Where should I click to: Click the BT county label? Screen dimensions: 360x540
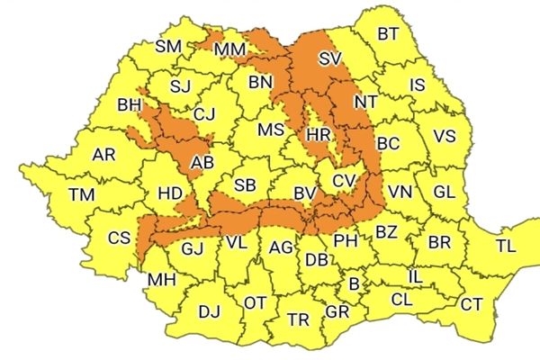tap(388, 34)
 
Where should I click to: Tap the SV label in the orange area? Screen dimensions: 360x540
tap(331, 61)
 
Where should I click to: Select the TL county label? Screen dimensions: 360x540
tap(506, 246)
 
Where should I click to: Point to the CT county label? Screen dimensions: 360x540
tap(471, 304)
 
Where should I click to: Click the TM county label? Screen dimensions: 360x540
tap(82, 194)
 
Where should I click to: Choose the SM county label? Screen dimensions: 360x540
tap(168, 47)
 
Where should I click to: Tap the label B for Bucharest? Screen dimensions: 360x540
tap(355, 284)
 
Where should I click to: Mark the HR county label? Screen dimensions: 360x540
tap(319, 134)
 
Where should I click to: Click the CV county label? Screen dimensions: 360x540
tap(344, 181)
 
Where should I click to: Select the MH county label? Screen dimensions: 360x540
tap(162, 280)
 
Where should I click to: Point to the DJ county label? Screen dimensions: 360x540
tap(209, 311)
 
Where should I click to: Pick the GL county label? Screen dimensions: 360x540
tap(444, 193)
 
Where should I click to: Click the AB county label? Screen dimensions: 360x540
tap(202, 163)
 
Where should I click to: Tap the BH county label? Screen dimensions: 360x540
tap(130, 105)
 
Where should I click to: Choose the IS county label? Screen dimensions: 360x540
tap(417, 85)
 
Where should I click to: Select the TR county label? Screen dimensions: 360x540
tap(299, 319)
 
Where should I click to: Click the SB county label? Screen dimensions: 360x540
tap(245, 185)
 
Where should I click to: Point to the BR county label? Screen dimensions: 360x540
tap(439, 243)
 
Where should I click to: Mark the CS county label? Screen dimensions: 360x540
tap(119, 238)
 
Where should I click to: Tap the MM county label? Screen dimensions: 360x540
tap(230, 48)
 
